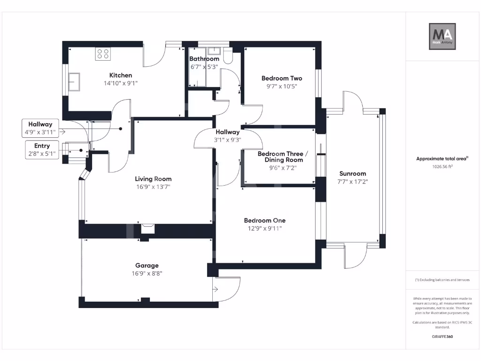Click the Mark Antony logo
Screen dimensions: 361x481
pyautogui.click(x=442, y=37)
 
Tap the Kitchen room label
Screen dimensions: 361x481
pyautogui.click(x=121, y=75)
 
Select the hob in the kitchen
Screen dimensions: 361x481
pyautogui.click(x=103, y=54)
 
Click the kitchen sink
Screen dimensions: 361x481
pyautogui.click(x=74, y=82)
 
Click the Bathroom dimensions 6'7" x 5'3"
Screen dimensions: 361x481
pyautogui.click(x=204, y=67)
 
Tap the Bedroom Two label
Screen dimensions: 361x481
pyautogui.click(x=282, y=78)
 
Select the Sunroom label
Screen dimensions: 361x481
pyautogui.click(x=352, y=173)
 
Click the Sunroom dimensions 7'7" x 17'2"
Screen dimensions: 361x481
pyautogui.click(x=352, y=181)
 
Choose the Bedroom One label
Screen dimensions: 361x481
pyautogui.click(x=264, y=220)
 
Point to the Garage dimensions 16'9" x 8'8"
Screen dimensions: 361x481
pyautogui.click(x=147, y=273)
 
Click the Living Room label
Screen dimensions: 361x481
pyautogui.click(x=153, y=179)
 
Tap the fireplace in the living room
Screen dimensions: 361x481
pyautogui.click(x=147, y=228)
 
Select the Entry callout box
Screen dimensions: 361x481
pyautogui.click(x=42, y=150)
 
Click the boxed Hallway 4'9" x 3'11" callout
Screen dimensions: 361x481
pyautogui.click(x=40, y=128)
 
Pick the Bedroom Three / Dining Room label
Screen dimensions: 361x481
pyautogui.click(x=283, y=157)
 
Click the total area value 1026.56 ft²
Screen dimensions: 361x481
pyautogui.click(x=442, y=166)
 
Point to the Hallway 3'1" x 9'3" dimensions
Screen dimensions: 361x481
pyautogui.click(x=227, y=140)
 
